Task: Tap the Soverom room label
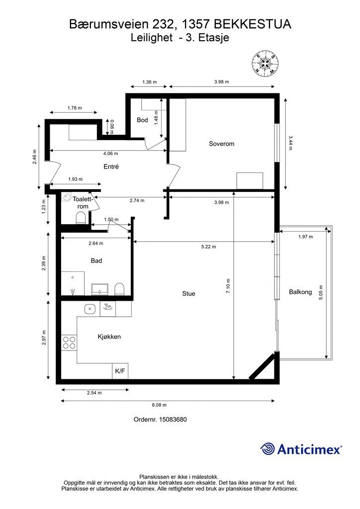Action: tap(221, 144)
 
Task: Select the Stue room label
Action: tap(188, 293)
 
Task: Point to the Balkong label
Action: tap(300, 292)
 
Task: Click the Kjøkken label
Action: tap(109, 337)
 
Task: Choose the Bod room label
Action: tap(142, 120)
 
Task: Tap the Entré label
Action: tap(111, 167)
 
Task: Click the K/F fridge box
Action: tap(120, 371)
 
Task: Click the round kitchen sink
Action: tap(90, 309)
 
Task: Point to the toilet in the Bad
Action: tap(119, 289)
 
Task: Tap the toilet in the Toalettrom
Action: tap(81, 218)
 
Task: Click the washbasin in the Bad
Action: tap(100, 289)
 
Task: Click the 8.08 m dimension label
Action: tap(159, 405)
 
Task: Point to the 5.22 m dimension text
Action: tap(208, 247)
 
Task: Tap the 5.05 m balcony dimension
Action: tap(321, 292)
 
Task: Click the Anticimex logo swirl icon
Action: tap(268, 449)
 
